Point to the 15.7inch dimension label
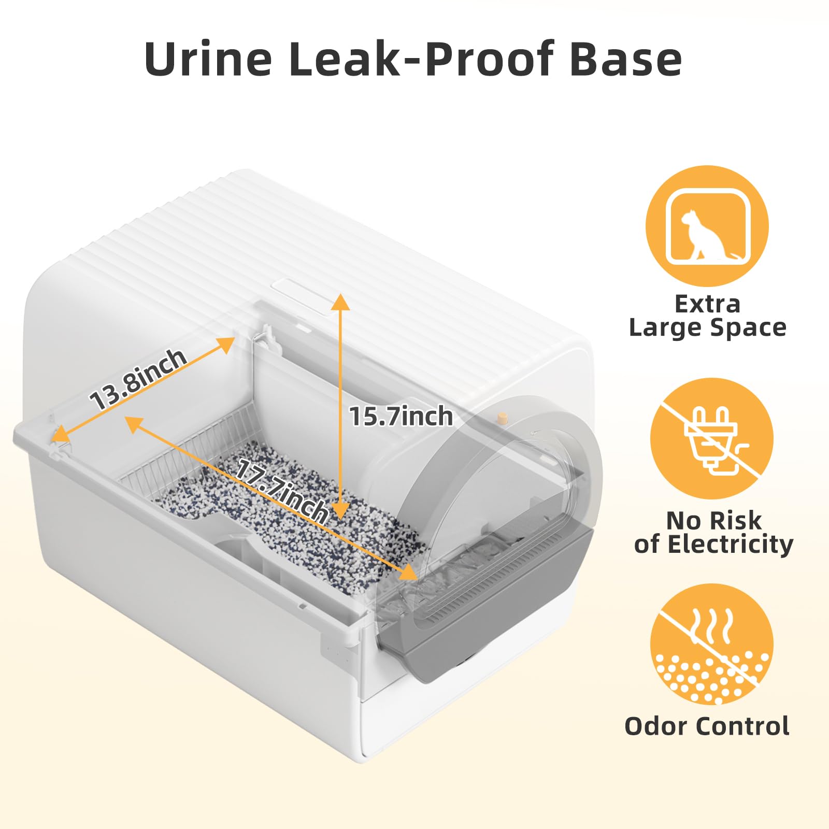[401, 417]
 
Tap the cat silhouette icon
[707, 226]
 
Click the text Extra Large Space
[708, 316]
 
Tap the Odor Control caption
[707, 726]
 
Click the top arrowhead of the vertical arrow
[340, 301]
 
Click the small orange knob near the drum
[502, 418]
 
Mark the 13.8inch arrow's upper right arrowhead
[226, 344]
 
